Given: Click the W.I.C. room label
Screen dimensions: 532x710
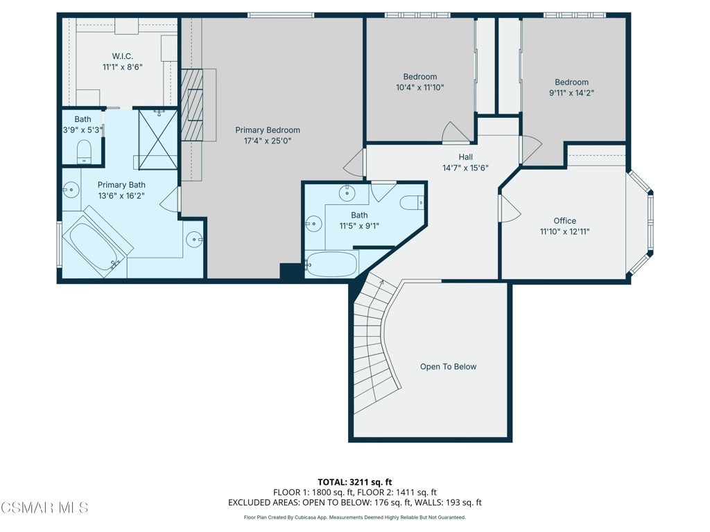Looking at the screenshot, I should (x=122, y=55).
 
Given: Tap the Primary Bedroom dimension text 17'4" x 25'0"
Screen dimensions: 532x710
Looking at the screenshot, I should (x=267, y=141).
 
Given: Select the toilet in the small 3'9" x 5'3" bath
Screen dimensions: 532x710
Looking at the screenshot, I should (x=84, y=152).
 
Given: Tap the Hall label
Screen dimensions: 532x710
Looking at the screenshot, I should (x=465, y=157).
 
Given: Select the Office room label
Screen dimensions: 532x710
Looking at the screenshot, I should (x=564, y=221).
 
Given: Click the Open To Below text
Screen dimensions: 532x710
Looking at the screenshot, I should (x=448, y=366).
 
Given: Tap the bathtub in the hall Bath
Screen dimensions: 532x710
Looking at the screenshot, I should (x=331, y=265).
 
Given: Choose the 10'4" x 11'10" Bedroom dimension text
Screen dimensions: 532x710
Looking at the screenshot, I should (x=419, y=88).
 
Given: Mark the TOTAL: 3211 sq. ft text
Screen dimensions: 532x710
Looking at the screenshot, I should (x=355, y=482).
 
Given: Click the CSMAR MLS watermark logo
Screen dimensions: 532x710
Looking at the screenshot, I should (x=44, y=508).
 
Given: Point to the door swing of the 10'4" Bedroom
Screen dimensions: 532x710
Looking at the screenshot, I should (x=455, y=132).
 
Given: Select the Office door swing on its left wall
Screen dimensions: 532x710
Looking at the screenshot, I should (x=508, y=208).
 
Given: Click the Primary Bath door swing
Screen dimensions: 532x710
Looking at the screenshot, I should (x=171, y=201).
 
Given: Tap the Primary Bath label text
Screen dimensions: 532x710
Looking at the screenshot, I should (x=121, y=184).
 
